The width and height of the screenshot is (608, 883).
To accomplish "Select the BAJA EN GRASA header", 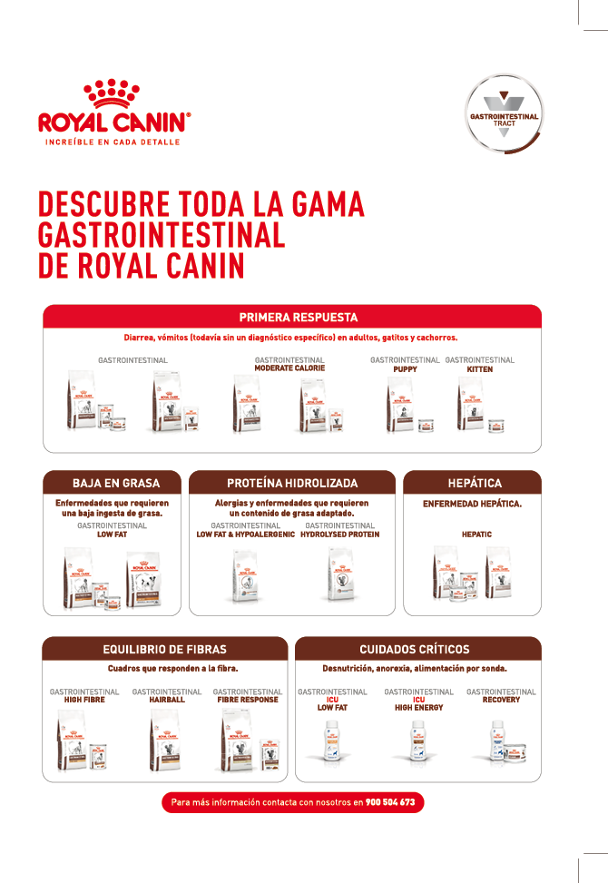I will pyautogui.click(x=115, y=483).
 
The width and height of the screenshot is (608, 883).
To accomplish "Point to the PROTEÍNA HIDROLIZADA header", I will pyautogui.click(x=292, y=483).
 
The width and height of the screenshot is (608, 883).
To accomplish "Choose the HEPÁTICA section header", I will pyautogui.click(x=474, y=483).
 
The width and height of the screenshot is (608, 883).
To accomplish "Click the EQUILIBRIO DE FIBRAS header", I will pyautogui.click(x=164, y=649).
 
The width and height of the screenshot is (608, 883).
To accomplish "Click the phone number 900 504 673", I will pyautogui.click(x=390, y=802).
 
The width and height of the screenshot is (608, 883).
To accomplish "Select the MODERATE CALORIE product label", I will pyautogui.click(x=289, y=368).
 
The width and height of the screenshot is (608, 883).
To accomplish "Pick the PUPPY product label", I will pyautogui.click(x=405, y=369).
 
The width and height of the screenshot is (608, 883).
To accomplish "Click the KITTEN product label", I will pyautogui.click(x=479, y=369).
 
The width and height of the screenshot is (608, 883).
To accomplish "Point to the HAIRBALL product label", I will pyautogui.click(x=167, y=700).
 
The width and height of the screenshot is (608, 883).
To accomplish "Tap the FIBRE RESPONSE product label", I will pyautogui.click(x=248, y=700).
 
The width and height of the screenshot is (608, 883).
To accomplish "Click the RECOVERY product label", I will pyautogui.click(x=501, y=700).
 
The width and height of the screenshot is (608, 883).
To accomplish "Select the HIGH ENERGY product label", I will pyautogui.click(x=418, y=707).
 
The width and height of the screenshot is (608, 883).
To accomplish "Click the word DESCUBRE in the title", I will pyautogui.click(x=103, y=204).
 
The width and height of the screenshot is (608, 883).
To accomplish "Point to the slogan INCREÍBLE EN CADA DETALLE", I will pyautogui.click(x=113, y=142).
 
